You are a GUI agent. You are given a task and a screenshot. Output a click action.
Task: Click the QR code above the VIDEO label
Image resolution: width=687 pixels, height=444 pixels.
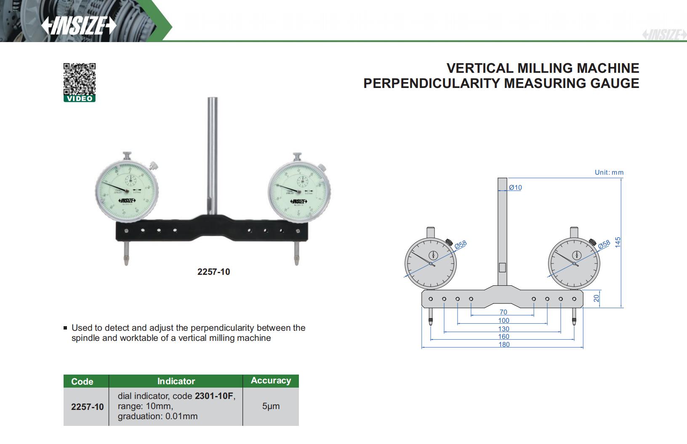[80, 79]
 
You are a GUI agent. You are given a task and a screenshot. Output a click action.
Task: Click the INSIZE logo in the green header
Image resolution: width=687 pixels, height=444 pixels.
[79, 26]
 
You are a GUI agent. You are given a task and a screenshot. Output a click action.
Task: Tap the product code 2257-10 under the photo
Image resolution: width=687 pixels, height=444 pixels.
[213, 272]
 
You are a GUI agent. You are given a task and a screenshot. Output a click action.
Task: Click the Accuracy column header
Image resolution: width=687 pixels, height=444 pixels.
[271, 380]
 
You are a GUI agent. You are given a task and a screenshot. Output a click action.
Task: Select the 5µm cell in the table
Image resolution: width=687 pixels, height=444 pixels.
[271, 406]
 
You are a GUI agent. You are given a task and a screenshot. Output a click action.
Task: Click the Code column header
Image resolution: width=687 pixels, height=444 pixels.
[82, 381]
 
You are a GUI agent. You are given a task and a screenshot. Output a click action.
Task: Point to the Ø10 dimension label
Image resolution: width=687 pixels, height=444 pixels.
[515, 187]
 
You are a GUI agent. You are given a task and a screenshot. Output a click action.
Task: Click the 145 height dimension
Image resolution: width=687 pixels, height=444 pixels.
[618, 242]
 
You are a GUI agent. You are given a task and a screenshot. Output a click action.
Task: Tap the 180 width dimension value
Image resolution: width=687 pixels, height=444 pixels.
[504, 344]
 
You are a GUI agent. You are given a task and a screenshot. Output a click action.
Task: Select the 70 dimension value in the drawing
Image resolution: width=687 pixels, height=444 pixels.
[503, 312]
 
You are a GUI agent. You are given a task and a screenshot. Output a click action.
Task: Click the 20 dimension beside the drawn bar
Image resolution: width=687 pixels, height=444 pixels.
[596, 298]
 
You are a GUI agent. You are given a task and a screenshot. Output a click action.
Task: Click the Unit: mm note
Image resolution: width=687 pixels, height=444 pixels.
[609, 172]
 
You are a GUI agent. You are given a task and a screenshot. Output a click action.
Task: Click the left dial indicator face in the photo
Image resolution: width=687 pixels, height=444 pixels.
[127, 191]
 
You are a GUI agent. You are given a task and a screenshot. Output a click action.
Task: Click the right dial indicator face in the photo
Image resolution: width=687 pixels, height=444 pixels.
[298, 191]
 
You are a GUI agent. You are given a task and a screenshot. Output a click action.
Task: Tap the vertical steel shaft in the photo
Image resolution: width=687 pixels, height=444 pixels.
[212, 152]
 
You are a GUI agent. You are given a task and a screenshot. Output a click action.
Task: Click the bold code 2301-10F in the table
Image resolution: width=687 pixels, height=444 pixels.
[213, 396]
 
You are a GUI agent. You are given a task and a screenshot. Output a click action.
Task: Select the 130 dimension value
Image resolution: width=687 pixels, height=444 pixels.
[503, 328]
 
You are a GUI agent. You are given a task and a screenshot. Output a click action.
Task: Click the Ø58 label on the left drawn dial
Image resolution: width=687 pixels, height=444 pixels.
[461, 246]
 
